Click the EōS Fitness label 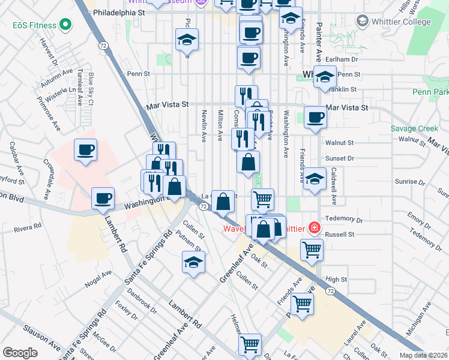[x=34, y=25]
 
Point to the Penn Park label [x=430, y=92]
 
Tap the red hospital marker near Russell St [x=313, y=227]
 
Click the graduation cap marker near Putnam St [x=193, y=262]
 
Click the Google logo [x=20, y=353]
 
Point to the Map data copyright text [x=423, y=355]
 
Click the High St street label [x=336, y=280]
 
